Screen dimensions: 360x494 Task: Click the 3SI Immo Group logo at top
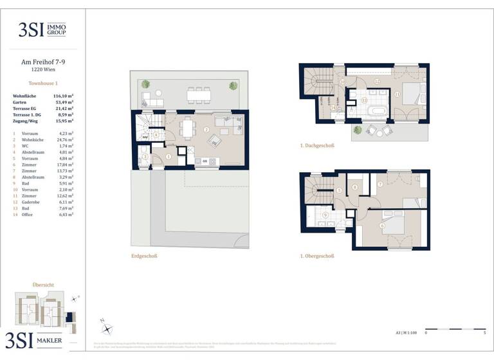point(43,30)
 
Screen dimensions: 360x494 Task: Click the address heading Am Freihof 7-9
point(43,62)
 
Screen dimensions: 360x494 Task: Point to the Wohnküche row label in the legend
point(32,139)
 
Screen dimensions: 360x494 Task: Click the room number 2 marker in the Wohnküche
point(206,130)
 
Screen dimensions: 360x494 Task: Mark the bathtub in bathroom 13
point(374,111)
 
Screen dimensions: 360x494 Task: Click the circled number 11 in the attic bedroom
point(398,94)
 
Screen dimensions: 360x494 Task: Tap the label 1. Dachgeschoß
point(316,145)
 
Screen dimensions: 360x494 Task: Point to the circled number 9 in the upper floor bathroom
point(325,215)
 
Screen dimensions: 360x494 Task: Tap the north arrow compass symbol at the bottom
point(106,326)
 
